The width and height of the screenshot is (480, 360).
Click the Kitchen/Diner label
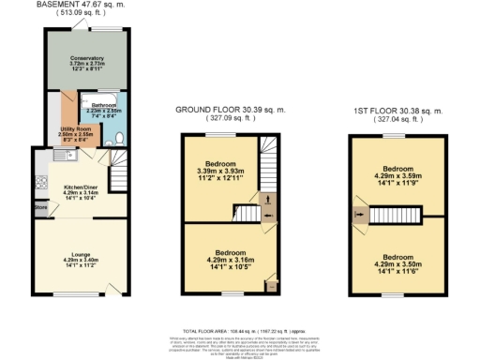[72, 187]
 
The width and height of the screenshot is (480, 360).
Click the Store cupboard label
[40, 207]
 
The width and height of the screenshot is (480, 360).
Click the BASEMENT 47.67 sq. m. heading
[81, 5]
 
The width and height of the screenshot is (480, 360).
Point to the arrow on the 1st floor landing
[361, 217]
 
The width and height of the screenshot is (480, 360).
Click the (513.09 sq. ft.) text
[81, 14]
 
